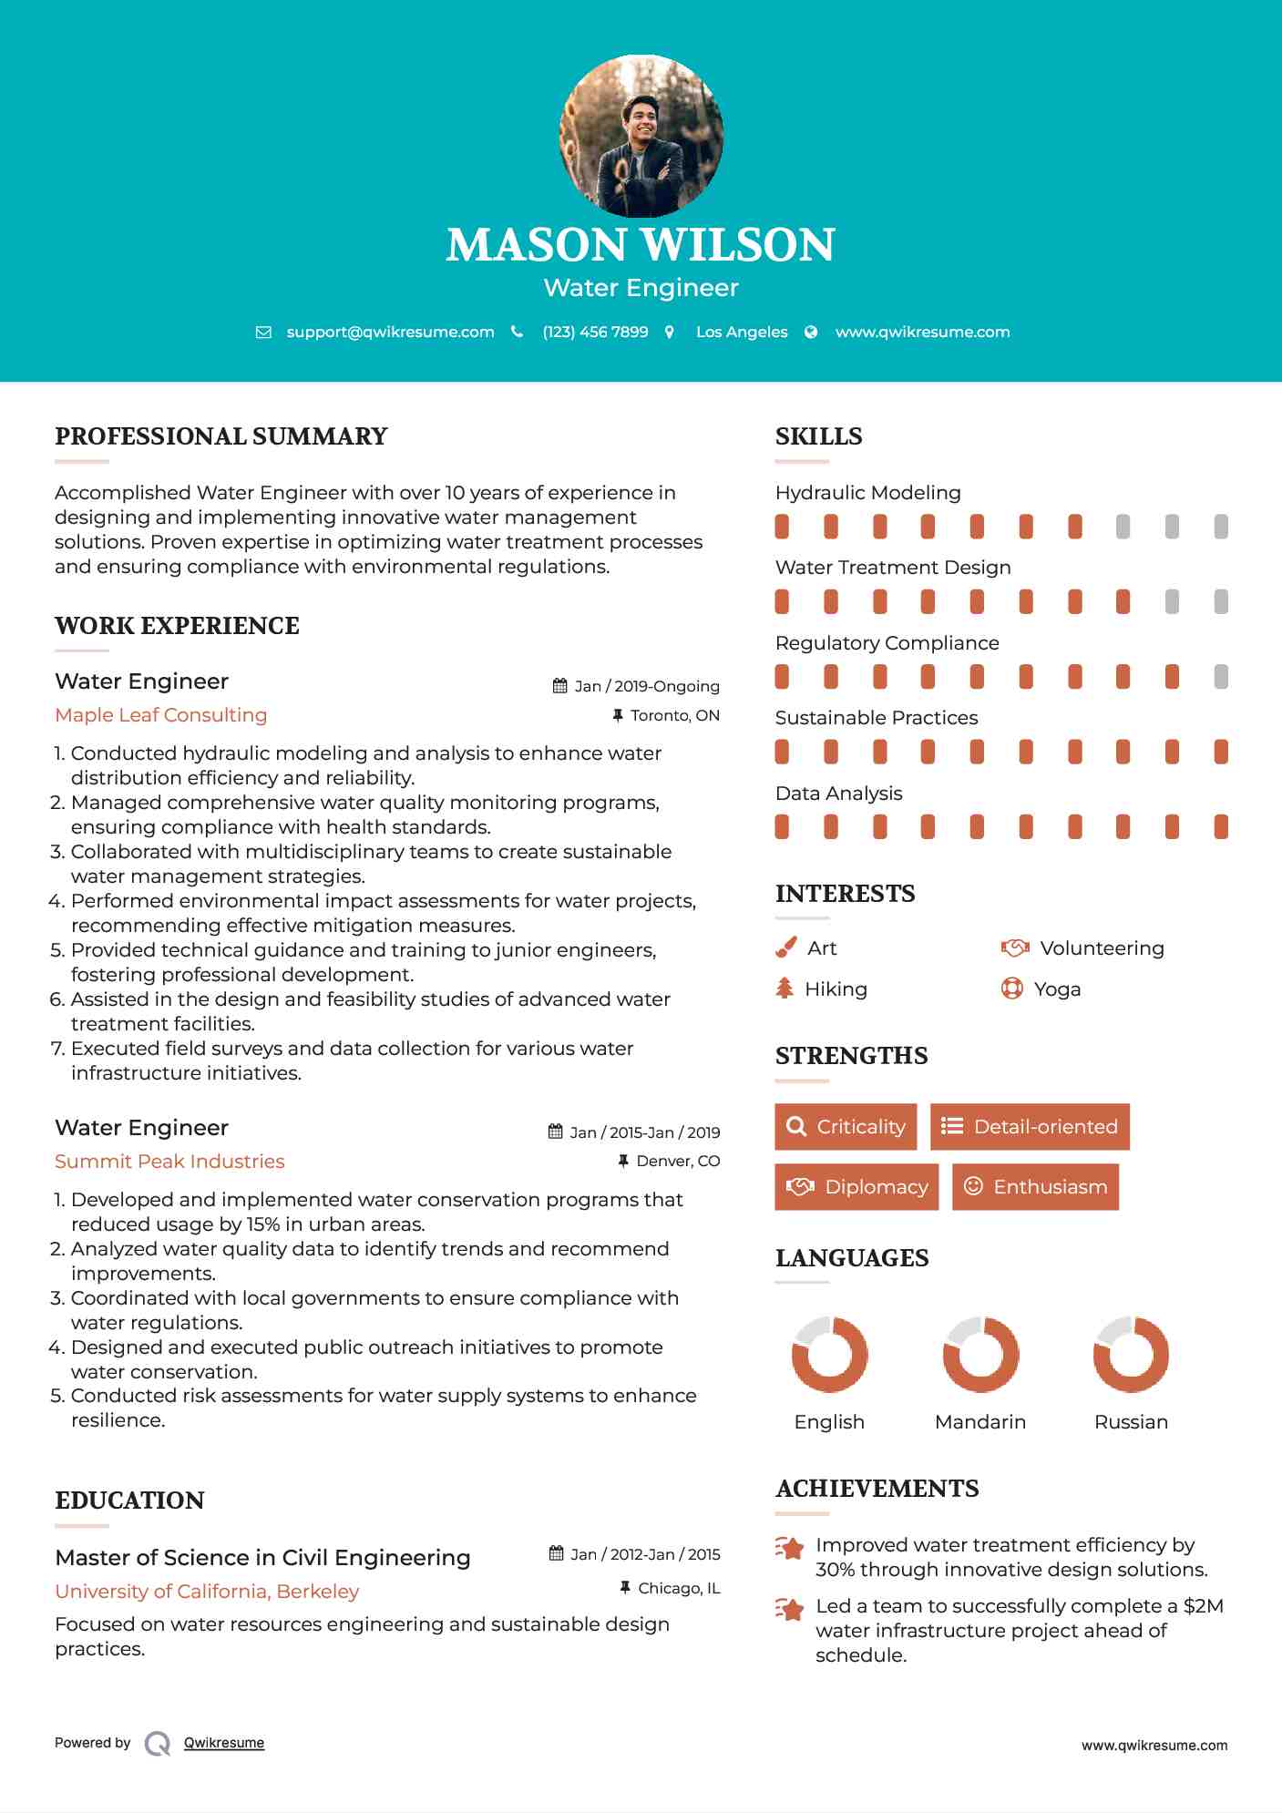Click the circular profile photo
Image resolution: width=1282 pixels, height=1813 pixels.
(x=641, y=137)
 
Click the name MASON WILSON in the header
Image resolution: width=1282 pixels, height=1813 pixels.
(x=641, y=244)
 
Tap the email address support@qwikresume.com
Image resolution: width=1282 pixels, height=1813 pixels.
(x=390, y=332)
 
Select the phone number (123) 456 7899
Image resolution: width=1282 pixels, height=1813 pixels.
(x=595, y=332)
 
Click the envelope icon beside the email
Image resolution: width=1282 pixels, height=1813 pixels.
(x=263, y=333)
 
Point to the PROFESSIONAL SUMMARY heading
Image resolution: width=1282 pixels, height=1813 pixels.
(x=221, y=436)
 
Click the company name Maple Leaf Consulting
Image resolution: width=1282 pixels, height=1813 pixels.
(x=161, y=715)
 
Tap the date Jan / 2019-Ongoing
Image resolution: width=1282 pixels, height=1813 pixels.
(x=646, y=686)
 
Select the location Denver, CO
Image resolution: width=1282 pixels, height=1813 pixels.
(x=677, y=1161)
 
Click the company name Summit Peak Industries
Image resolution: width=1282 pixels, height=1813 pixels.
(x=169, y=1162)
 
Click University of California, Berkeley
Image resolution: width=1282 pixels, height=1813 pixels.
(x=207, y=1592)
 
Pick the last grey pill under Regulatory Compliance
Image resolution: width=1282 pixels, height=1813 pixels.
(x=1221, y=676)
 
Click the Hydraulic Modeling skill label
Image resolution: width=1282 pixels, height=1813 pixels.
(x=867, y=493)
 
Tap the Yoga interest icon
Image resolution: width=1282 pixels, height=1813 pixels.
(x=1011, y=988)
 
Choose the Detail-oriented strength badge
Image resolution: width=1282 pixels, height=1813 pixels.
(x=1030, y=1127)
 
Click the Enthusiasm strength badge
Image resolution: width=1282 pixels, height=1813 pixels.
(x=1035, y=1187)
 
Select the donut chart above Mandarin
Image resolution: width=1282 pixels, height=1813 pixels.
(x=980, y=1355)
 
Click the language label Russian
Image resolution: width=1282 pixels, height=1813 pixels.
(x=1131, y=1422)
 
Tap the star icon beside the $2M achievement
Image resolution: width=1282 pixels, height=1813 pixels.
(x=790, y=1610)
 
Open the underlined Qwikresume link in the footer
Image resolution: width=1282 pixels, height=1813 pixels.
(x=224, y=1743)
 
